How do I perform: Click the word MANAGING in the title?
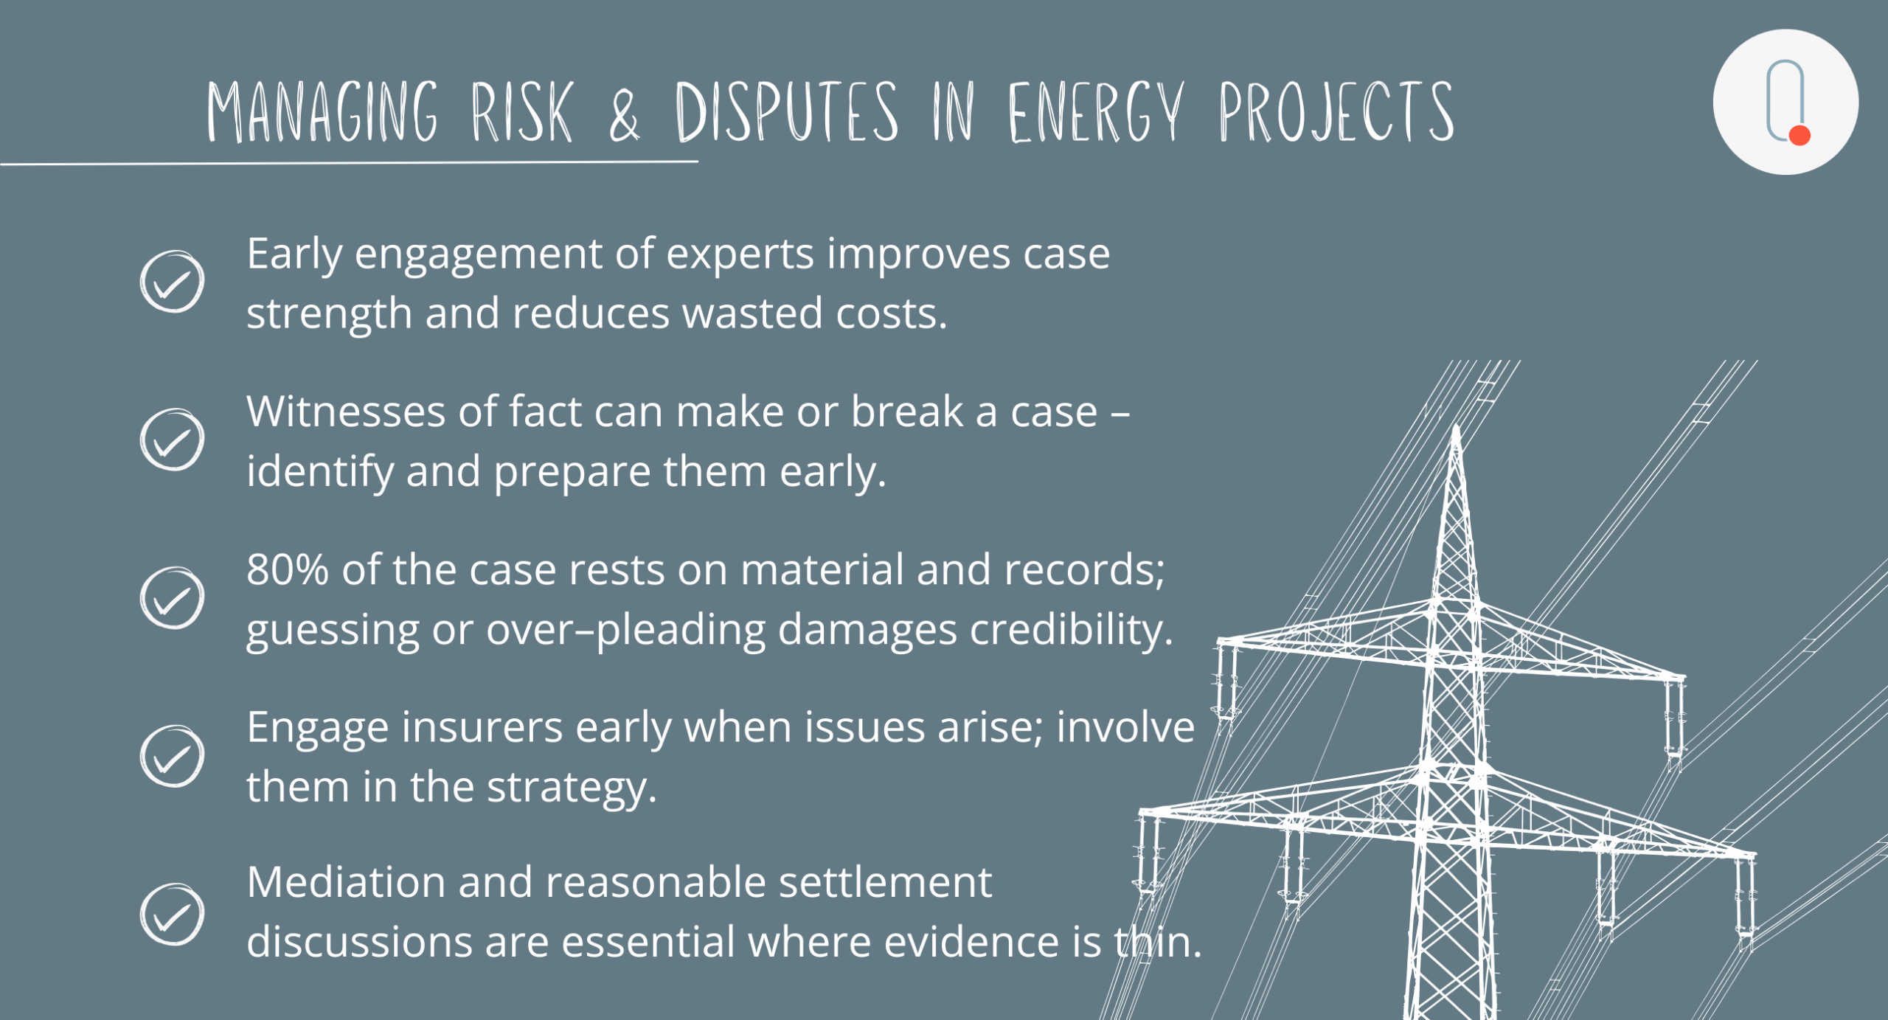[x=322, y=111]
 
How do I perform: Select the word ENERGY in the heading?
[x=1096, y=111]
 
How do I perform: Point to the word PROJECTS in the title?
[x=1336, y=111]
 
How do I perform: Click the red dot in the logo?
[x=1799, y=135]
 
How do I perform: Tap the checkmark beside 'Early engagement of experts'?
[x=172, y=282]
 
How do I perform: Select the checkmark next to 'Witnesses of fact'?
[x=172, y=440]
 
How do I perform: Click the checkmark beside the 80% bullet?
[x=172, y=597]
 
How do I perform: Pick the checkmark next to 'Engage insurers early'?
[x=172, y=756]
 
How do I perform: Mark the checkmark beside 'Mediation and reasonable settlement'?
[x=172, y=914]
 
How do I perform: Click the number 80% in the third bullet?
[x=288, y=569]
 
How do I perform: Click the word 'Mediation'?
[x=346, y=882]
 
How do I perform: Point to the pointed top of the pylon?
[x=1456, y=426]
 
